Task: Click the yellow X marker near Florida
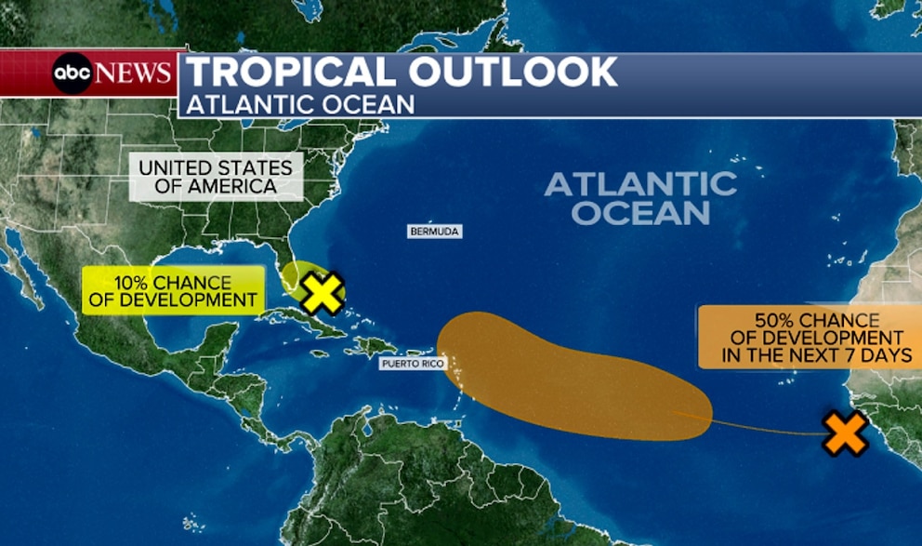pos(322,293)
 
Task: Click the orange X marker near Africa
pos(846,433)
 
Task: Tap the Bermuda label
pos(434,231)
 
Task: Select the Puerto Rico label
pos(412,363)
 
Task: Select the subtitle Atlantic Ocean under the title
pos(300,104)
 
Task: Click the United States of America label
pos(216,177)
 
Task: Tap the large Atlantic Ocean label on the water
pos(640,197)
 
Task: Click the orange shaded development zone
pos(558,377)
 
